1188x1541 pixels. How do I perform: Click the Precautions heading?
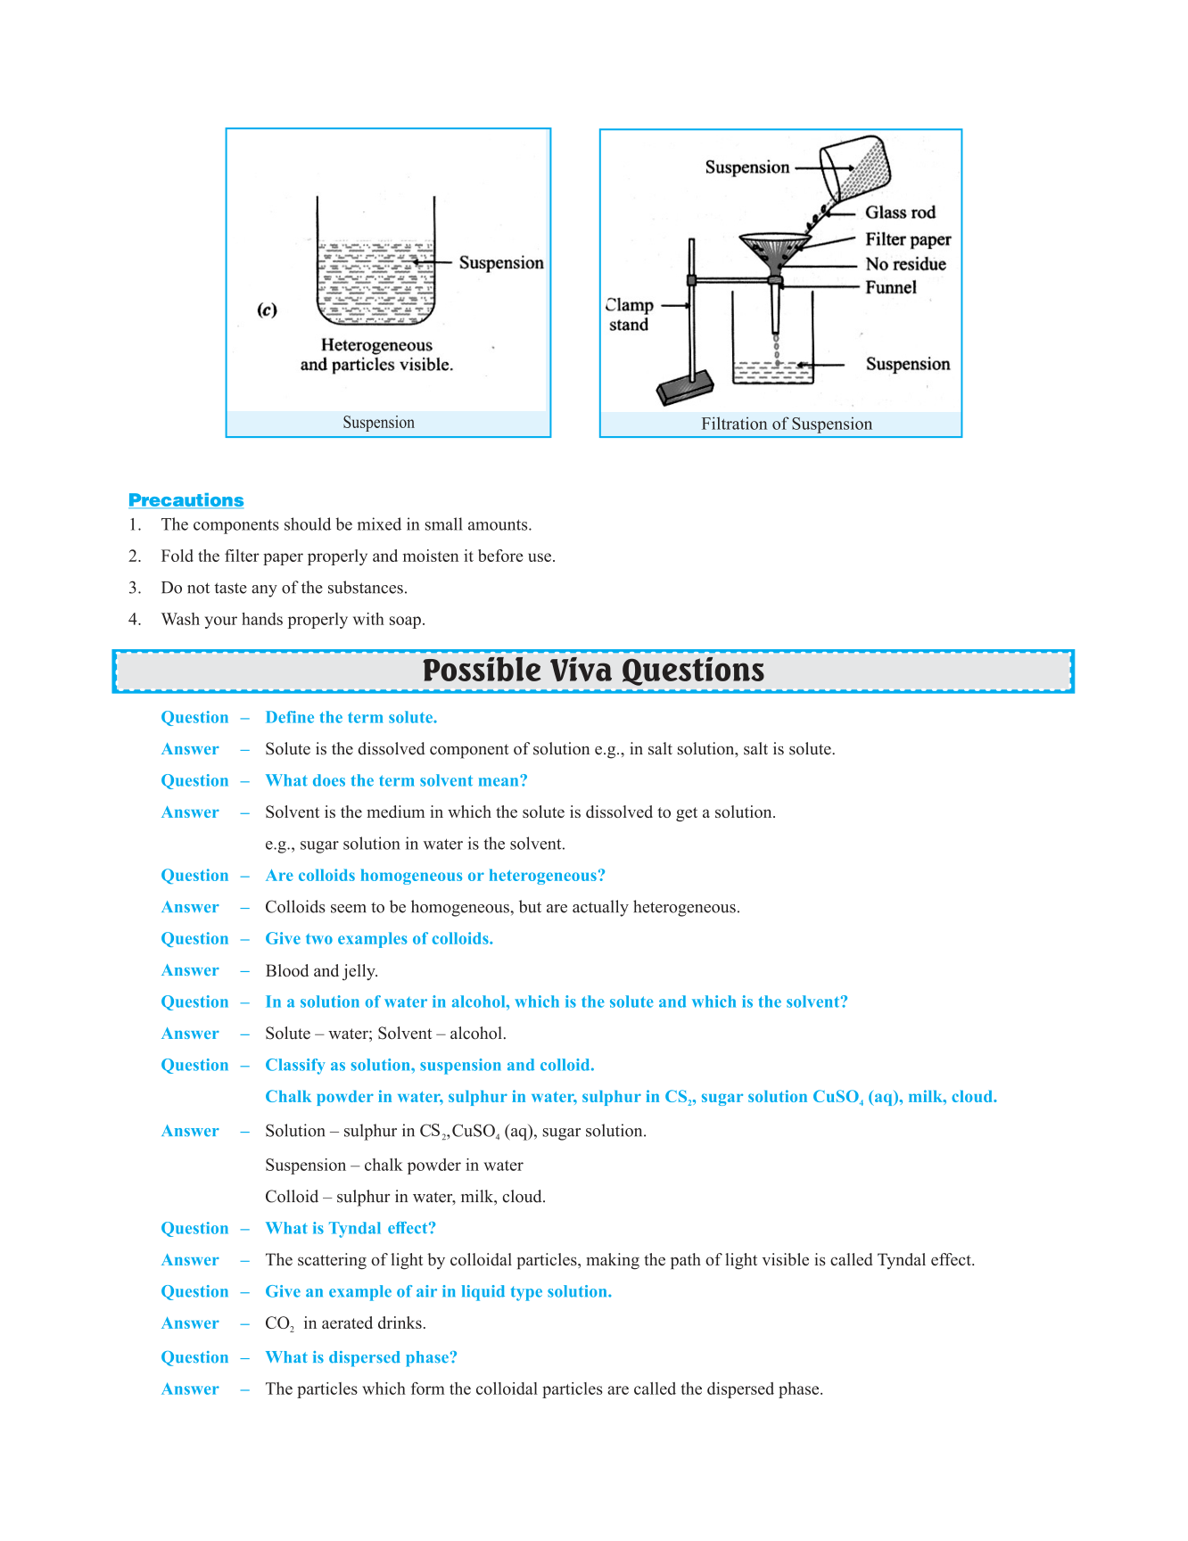coord(186,500)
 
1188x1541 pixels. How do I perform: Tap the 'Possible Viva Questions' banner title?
coord(593,671)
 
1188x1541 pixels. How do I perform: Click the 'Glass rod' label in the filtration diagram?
coord(900,212)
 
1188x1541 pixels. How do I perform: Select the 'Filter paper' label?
coord(908,239)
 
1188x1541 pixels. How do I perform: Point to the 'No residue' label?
coord(905,264)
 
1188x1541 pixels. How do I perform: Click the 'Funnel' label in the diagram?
coord(891,287)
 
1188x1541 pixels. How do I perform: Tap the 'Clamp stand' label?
coord(630,315)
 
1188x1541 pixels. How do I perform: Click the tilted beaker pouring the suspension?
coord(855,169)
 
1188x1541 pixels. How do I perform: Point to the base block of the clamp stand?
coord(685,387)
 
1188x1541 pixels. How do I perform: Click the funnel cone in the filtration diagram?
coord(775,251)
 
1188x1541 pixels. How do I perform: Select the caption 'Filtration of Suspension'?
coord(787,424)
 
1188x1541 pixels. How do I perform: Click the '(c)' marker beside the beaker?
coord(268,310)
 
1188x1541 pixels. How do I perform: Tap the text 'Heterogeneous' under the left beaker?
coord(376,345)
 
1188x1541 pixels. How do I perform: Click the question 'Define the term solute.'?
coord(351,717)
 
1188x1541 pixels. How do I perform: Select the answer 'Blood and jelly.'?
coord(322,971)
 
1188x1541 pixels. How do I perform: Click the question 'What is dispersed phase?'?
coord(361,1357)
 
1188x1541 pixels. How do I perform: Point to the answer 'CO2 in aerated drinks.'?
coord(345,1323)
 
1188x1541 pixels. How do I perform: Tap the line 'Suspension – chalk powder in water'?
coord(394,1166)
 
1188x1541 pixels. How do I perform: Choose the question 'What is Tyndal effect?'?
coord(351,1228)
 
